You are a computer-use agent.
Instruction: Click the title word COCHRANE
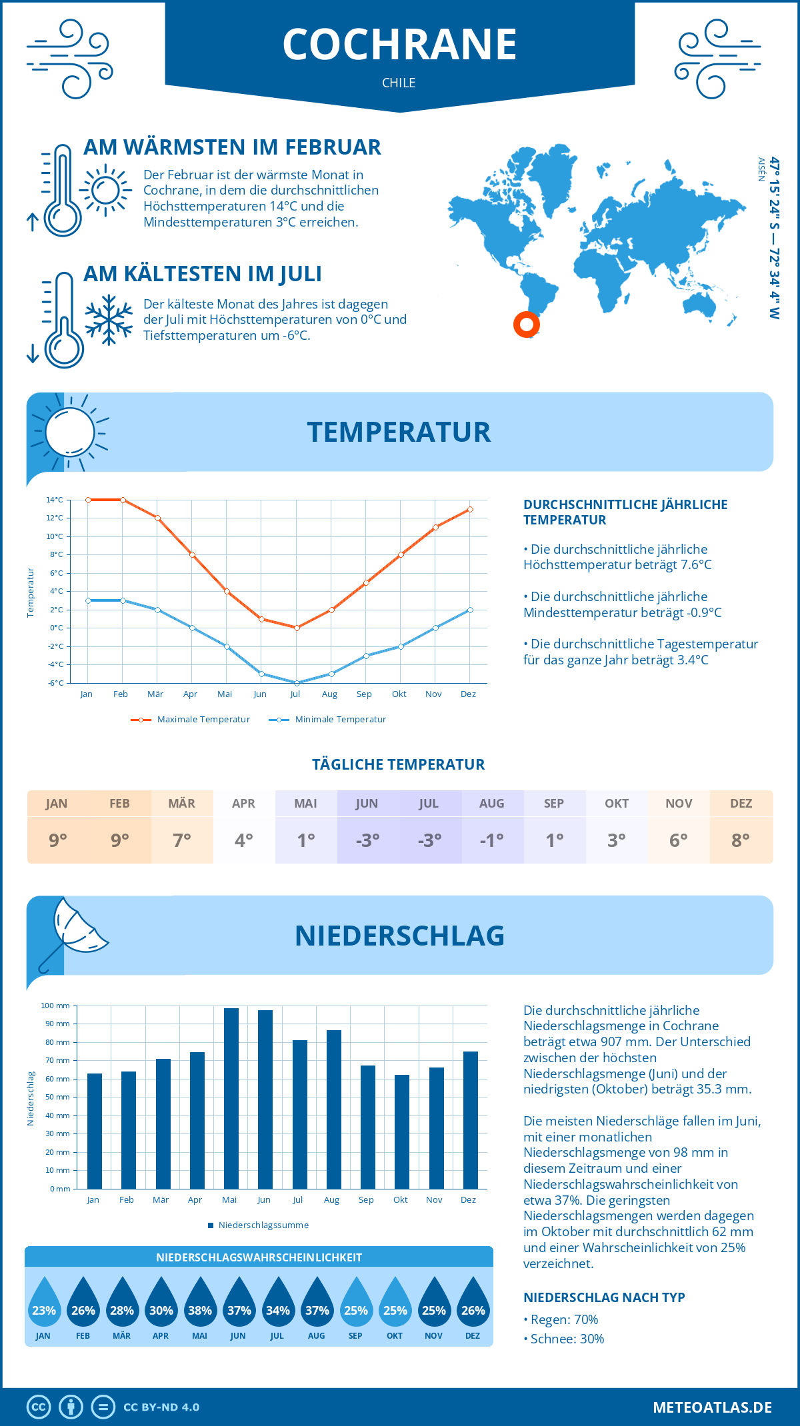click(399, 45)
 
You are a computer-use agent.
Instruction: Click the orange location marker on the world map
click(527, 325)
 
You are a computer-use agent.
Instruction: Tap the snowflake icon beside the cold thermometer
click(109, 320)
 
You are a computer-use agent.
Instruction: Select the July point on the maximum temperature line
click(297, 628)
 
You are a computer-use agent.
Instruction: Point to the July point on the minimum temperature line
click(297, 683)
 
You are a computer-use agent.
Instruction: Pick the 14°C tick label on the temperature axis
click(55, 500)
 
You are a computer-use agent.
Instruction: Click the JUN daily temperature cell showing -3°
click(367, 840)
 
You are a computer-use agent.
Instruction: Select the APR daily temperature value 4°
click(244, 840)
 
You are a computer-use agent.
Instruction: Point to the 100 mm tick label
click(55, 1006)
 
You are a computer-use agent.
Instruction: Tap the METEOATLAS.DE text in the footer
click(712, 1407)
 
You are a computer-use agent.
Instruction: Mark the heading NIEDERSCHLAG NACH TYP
click(604, 1297)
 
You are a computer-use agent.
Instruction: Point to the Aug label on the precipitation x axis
click(331, 1200)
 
